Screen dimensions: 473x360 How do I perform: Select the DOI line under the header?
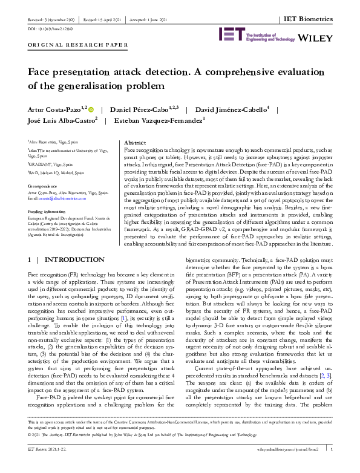tap(44, 28)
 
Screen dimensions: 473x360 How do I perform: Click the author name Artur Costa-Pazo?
tap(58, 110)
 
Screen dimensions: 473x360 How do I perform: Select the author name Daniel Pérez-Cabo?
tap(143, 110)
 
